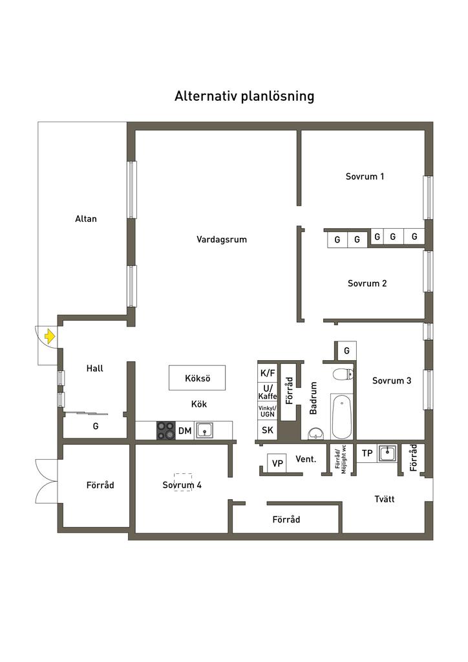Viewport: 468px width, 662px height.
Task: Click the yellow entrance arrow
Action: coord(50,336)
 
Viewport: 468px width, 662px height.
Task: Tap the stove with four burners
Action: coord(166,431)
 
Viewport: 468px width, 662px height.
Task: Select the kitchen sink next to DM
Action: coord(205,431)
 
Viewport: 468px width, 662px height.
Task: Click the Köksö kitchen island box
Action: coord(198,378)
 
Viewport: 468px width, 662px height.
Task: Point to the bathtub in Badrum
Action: coord(342,417)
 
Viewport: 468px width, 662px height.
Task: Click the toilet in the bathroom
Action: coord(342,374)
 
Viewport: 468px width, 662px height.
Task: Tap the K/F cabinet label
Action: coord(268,373)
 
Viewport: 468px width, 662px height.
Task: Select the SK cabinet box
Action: coord(268,431)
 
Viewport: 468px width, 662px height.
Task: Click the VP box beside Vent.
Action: coord(278,464)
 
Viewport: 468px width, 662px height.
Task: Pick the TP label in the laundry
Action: coord(367,453)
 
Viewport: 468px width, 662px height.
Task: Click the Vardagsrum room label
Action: coord(222,239)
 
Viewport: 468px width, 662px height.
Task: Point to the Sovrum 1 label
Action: coord(365,176)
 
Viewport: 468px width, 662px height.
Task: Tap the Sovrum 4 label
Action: coord(182,484)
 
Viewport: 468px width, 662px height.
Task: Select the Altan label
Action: coord(86,219)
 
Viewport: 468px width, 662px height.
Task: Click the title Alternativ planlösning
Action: coord(244,96)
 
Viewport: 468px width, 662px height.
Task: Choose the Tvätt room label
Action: coord(385,499)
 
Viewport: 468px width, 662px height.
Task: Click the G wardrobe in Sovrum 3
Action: coord(346,350)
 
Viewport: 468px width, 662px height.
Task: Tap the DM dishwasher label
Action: coord(185,431)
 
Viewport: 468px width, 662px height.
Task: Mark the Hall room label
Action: coord(95,368)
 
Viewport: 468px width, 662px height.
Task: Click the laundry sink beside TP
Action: coord(387,453)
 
